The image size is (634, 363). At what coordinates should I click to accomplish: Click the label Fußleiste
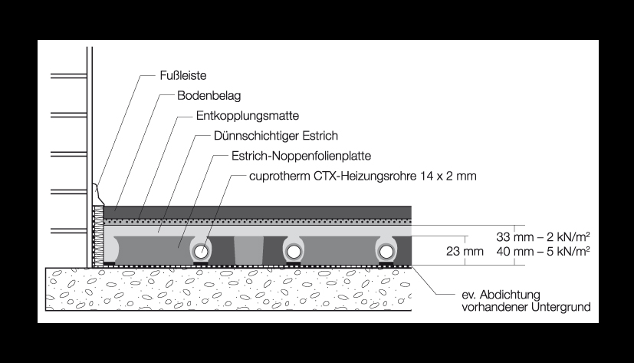[x=183, y=76]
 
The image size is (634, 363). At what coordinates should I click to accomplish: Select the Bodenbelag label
[x=209, y=96]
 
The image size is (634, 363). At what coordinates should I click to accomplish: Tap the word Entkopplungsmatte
[x=248, y=116]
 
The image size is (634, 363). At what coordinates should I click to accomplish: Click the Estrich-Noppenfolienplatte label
[x=301, y=156]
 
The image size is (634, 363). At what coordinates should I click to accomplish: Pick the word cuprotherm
[x=280, y=177]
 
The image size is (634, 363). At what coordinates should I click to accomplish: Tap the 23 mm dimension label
[x=465, y=251]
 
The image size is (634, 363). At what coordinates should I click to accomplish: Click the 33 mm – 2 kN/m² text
[x=543, y=236]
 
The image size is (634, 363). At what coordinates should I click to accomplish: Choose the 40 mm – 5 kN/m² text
[x=543, y=251]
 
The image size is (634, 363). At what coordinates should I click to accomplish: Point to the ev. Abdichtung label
[x=501, y=295]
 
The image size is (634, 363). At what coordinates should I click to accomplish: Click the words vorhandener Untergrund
[x=526, y=307]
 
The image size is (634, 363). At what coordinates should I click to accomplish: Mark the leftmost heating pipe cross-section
[x=201, y=252]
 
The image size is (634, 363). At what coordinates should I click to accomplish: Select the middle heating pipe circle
[x=294, y=252]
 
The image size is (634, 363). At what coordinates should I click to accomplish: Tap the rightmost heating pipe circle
[x=386, y=252]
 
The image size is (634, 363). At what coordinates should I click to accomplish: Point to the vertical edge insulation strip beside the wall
[x=98, y=236]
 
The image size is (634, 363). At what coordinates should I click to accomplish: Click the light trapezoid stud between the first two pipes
[x=248, y=250]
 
